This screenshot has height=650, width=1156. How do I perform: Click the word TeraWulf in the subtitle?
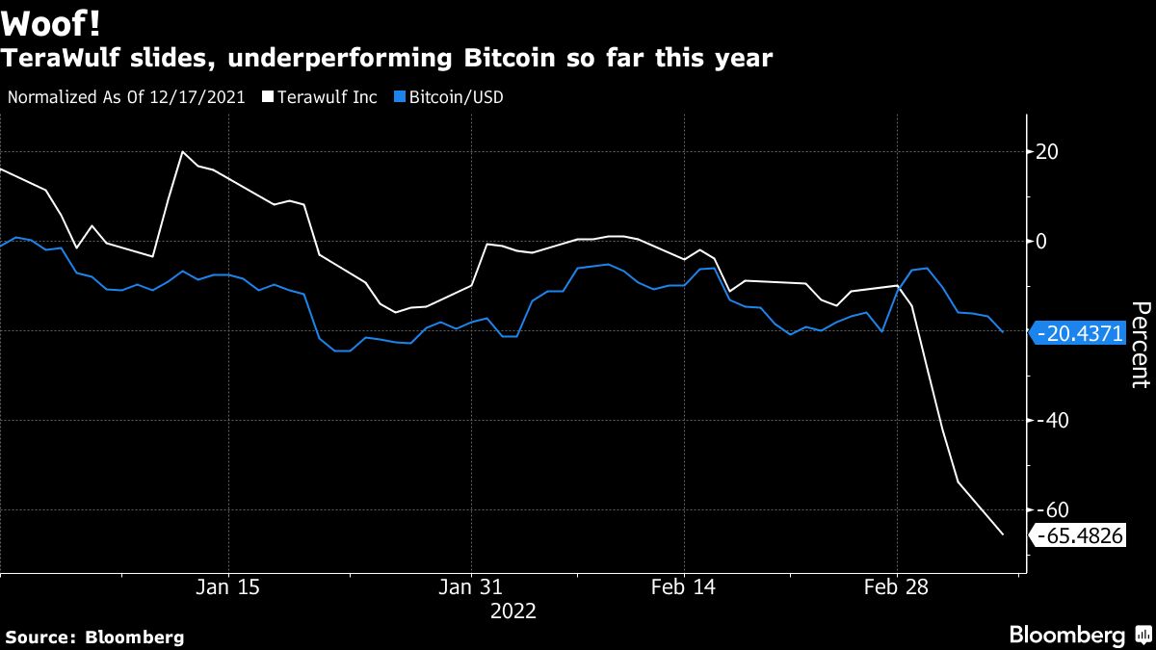coord(57,59)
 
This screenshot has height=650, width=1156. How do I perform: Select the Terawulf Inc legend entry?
coord(320,97)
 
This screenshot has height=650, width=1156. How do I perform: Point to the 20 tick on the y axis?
coord(1047,152)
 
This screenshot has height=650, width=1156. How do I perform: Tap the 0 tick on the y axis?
coord(1041,242)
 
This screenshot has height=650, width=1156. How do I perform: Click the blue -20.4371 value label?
coord(1079,334)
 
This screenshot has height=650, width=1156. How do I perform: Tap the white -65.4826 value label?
coord(1079,536)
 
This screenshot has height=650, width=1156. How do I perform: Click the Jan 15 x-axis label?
coord(227,587)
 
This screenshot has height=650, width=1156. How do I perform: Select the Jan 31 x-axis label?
coord(471,587)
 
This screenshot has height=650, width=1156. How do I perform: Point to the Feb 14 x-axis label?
coord(683,587)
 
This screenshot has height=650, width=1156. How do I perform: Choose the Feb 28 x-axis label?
coord(896,587)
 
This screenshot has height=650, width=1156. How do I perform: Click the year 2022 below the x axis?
coord(512,611)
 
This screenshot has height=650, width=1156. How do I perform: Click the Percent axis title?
coord(1140,344)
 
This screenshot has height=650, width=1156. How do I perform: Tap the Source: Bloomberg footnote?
coord(94,637)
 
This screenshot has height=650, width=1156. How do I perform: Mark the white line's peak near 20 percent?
coord(182,152)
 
